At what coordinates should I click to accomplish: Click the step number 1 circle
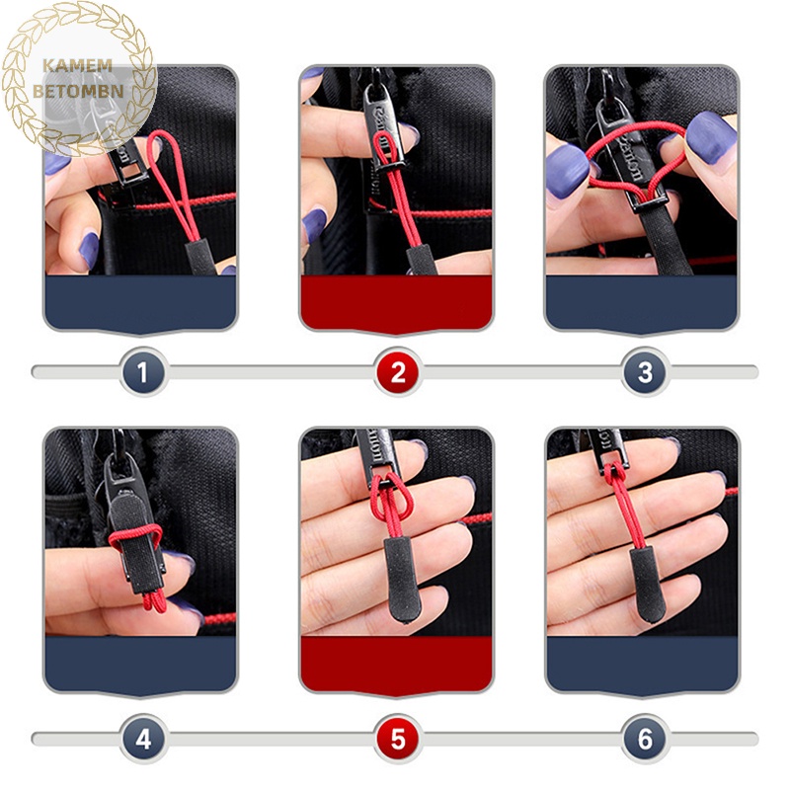[x=143, y=372]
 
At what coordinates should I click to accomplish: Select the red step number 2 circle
[x=398, y=372]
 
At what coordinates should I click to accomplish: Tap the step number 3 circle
[x=645, y=372]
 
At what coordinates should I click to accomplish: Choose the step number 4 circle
[x=143, y=739]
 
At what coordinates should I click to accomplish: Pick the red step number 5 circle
[x=398, y=739]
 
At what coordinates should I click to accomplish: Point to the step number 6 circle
[x=645, y=739]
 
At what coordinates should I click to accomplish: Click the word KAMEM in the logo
[x=78, y=66]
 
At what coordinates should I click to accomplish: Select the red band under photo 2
[x=396, y=301]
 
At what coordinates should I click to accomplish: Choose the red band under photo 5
[x=396, y=663]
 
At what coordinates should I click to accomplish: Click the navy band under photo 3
[x=641, y=301]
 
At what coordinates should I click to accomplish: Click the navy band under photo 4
[x=140, y=663]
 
